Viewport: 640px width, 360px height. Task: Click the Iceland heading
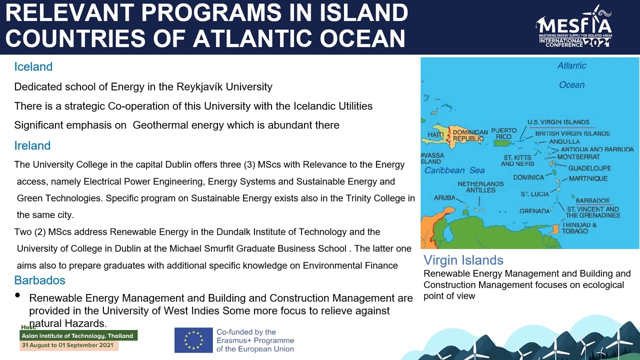click(x=33, y=66)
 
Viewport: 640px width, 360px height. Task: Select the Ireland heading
click(x=32, y=145)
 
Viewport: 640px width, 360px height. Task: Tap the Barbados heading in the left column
click(x=39, y=280)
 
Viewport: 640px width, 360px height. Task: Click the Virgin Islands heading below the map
click(x=463, y=260)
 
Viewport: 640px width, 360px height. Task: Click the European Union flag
click(x=193, y=340)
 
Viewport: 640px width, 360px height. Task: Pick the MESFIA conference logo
click(x=574, y=27)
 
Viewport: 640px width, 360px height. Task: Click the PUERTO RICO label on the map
click(x=503, y=133)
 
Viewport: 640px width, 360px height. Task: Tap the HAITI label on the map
click(x=435, y=135)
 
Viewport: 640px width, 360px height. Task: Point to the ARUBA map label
click(x=444, y=198)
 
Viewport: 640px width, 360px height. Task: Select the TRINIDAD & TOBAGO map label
click(x=579, y=228)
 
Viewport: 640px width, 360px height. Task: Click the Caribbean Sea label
click(x=454, y=170)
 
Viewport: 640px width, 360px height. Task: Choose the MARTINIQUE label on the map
click(x=588, y=178)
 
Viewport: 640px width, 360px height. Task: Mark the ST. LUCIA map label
click(x=534, y=194)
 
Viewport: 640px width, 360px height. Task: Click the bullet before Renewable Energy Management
click(x=17, y=295)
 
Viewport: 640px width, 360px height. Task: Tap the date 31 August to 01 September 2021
click(x=67, y=345)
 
